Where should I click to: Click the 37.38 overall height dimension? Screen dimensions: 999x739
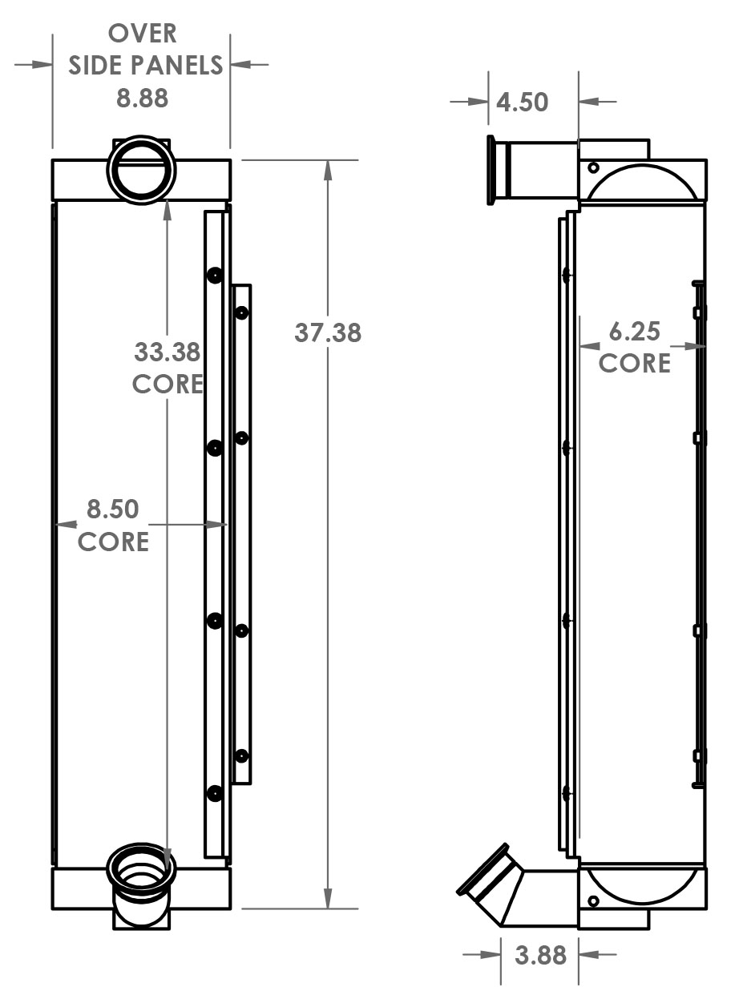click(328, 332)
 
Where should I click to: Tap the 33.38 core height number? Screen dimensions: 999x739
click(167, 352)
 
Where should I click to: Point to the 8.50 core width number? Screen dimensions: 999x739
click(113, 510)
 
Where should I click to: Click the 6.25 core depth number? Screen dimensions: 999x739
click(635, 331)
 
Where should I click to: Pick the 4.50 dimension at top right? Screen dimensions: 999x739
click(522, 103)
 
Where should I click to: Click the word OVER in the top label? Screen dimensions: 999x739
click(143, 34)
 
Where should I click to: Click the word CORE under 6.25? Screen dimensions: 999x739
click(635, 364)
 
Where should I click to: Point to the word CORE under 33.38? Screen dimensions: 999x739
click(168, 384)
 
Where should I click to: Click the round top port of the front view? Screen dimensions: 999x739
click(141, 168)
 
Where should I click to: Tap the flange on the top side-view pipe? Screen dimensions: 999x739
click(491, 170)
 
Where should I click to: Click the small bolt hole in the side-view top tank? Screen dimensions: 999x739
click(593, 167)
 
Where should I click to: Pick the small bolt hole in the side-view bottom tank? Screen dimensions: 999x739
click(593, 902)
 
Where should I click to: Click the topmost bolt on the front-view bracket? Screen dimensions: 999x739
click(214, 276)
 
